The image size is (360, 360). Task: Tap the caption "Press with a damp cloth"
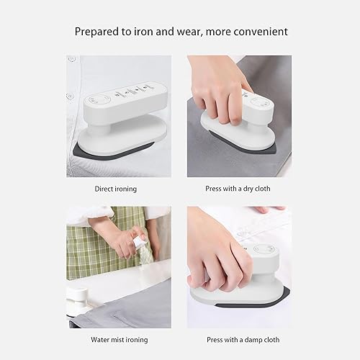(240, 340)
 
